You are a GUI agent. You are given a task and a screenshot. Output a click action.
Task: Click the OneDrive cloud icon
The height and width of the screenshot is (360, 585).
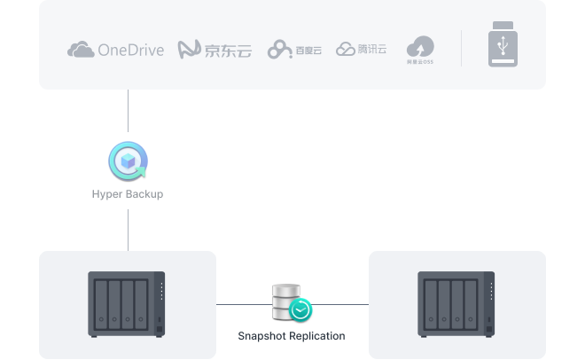click(x=81, y=50)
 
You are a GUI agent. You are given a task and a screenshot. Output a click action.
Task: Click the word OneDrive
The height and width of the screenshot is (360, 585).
click(x=131, y=50)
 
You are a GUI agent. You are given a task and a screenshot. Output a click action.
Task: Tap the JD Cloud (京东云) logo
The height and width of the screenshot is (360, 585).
click(x=214, y=50)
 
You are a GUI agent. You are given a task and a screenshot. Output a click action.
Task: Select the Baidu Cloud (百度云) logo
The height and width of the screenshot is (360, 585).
click(x=294, y=50)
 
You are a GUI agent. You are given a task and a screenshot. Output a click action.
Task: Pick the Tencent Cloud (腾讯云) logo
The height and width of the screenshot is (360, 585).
click(x=362, y=49)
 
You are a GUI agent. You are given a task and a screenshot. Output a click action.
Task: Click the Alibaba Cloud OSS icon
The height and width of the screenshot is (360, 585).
click(x=420, y=50)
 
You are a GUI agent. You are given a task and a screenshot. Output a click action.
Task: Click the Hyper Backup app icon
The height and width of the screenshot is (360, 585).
click(x=128, y=160)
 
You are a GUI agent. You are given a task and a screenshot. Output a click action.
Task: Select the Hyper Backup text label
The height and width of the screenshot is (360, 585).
click(x=128, y=193)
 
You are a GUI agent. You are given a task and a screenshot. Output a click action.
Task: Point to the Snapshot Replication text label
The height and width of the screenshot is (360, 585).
click(x=292, y=336)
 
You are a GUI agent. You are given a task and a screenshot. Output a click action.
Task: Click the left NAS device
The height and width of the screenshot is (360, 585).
click(x=128, y=304)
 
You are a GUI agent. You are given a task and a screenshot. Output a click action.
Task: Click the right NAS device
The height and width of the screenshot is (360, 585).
click(x=456, y=304)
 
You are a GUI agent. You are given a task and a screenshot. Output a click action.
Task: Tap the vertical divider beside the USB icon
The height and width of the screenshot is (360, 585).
click(x=461, y=48)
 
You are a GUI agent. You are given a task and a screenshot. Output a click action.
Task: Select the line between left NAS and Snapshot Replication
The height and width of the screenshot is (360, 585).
click(x=243, y=304)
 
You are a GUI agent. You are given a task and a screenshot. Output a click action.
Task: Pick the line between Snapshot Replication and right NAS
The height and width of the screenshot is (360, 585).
click(x=341, y=304)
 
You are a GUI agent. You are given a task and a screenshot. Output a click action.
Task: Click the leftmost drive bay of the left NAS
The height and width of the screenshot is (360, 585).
click(x=102, y=303)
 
